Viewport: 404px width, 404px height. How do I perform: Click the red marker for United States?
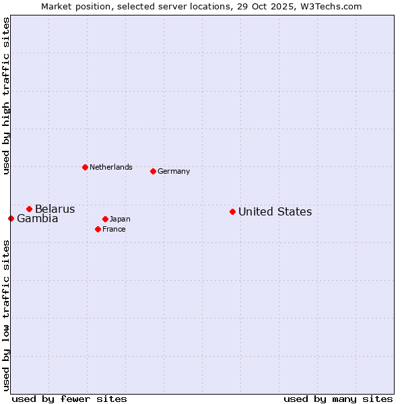[x=232, y=211]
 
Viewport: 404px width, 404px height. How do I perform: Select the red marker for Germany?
[x=153, y=171]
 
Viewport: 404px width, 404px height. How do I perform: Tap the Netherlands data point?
[x=85, y=167]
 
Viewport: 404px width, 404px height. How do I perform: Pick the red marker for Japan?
[x=105, y=219]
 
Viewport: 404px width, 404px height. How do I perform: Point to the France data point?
[x=98, y=229]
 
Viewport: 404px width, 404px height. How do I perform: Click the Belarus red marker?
[x=29, y=209]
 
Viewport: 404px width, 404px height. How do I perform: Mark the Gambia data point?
[x=11, y=218]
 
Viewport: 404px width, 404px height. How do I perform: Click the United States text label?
[x=275, y=212]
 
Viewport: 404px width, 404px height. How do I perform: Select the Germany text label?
[x=174, y=172]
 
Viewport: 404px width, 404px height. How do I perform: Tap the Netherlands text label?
[x=110, y=168]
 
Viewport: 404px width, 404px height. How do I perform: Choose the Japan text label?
[x=120, y=220]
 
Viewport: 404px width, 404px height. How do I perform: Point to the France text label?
[x=114, y=230]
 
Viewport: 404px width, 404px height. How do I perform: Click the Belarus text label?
[x=55, y=209]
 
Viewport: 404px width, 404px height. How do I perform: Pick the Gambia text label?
[x=38, y=219]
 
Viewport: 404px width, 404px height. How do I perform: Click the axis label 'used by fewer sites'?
[x=69, y=399]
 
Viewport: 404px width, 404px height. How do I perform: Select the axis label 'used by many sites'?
[x=338, y=399]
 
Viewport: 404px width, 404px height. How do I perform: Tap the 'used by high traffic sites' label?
[x=6, y=96]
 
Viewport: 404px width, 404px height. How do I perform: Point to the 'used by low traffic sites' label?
[x=6, y=314]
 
